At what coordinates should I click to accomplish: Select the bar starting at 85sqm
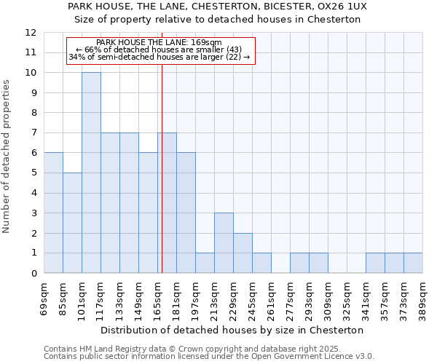pyautogui.click(x=72, y=223)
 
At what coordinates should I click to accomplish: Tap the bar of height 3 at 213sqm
pyautogui.click(x=224, y=243)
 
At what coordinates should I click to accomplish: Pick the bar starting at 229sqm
pyautogui.click(x=243, y=253)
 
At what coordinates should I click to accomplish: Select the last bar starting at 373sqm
pyautogui.click(x=413, y=263)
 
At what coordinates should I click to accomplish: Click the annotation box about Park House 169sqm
pyautogui.click(x=160, y=50)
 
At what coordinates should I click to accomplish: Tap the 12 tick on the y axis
pyautogui.click(x=31, y=33)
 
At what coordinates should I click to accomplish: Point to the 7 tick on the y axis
pyautogui.click(x=34, y=133)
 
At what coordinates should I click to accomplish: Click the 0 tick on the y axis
pyautogui.click(x=34, y=274)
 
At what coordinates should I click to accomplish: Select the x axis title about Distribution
pyautogui.click(x=232, y=330)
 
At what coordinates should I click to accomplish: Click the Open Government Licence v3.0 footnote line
pyautogui.click(x=209, y=357)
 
